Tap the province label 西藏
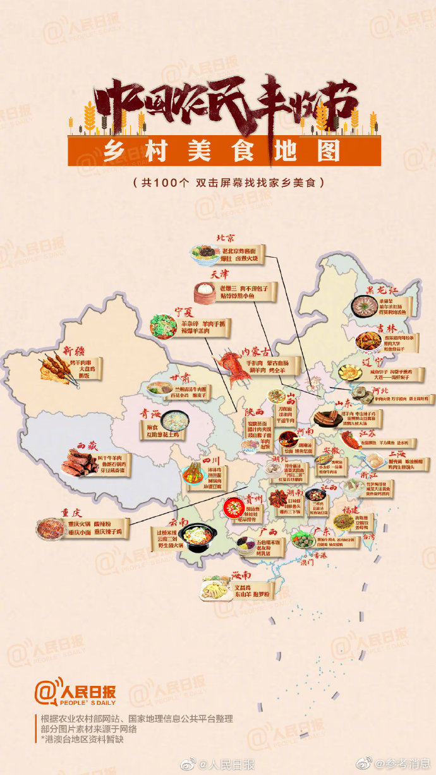(88, 445)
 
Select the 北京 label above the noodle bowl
(225, 238)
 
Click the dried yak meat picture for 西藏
(80, 464)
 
